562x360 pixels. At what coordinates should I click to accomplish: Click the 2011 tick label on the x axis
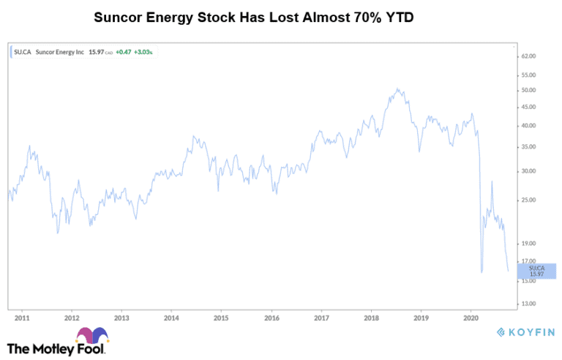tap(22, 318)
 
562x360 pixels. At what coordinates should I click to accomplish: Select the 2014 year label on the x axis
tap(171, 318)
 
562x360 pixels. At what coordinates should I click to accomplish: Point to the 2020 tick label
tap(471, 318)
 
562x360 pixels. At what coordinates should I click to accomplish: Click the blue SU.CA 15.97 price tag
tap(536, 271)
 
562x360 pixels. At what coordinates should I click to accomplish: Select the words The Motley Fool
tap(56, 348)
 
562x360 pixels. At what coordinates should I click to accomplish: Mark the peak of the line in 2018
tap(397, 89)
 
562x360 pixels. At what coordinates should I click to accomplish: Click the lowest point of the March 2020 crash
tap(482, 272)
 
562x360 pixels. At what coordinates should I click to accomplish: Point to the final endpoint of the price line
tap(508, 271)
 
